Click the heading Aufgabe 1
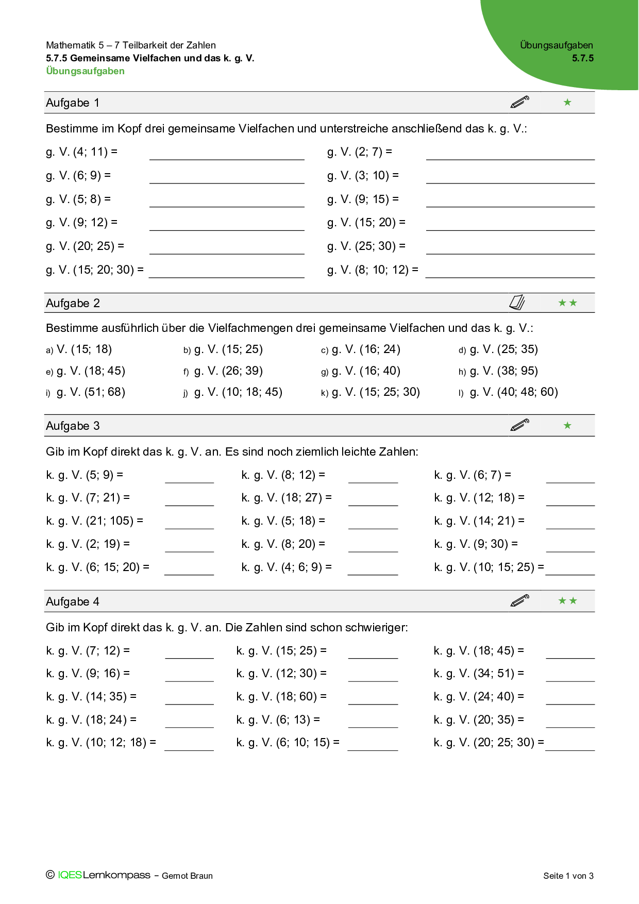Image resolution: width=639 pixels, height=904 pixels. [x=73, y=103]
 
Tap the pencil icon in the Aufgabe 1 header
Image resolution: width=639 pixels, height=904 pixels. [x=519, y=102]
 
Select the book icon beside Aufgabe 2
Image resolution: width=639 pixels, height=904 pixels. [x=517, y=303]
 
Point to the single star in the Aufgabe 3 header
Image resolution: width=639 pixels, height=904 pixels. [x=567, y=426]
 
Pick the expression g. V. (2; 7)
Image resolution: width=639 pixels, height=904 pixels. [x=359, y=152]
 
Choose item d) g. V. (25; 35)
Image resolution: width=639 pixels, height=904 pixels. [x=498, y=349]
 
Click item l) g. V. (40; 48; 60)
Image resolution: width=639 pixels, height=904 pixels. [x=508, y=392]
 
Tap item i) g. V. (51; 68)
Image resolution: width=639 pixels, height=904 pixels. [x=86, y=392]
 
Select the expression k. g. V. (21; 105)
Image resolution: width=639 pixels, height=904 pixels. [x=94, y=521]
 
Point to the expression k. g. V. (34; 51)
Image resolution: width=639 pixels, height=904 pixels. [x=478, y=674]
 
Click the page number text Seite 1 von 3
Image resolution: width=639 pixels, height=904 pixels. [x=568, y=876]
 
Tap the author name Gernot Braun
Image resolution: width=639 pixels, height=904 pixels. [x=187, y=876]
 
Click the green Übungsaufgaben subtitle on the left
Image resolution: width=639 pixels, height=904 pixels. [x=85, y=71]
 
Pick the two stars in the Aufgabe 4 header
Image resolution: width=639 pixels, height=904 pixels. [x=567, y=601]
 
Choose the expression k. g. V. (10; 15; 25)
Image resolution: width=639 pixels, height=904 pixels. [x=489, y=567]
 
